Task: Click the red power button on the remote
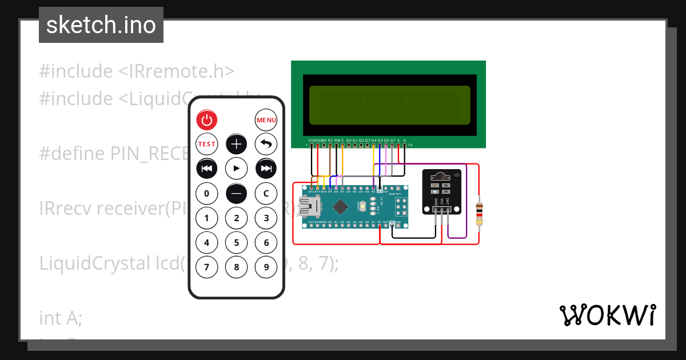click(x=207, y=120)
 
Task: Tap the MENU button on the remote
click(x=266, y=120)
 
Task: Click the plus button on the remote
click(x=237, y=144)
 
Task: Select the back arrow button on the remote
click(x=266, y=144)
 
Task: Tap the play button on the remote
click(x=237, y=168)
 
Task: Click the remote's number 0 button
click(x=207, y=193)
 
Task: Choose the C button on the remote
click(x=266, y=193)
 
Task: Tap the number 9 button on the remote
click(x=266, y=266)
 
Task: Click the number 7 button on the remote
click(x=207, y=266)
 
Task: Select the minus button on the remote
click(x=237, y=193)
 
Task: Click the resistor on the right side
click(x=479, y=213)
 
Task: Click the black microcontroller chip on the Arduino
click(x=341, y=206)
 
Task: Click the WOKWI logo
click(x=607, y=315)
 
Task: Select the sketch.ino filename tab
click(x=101, y=25)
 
